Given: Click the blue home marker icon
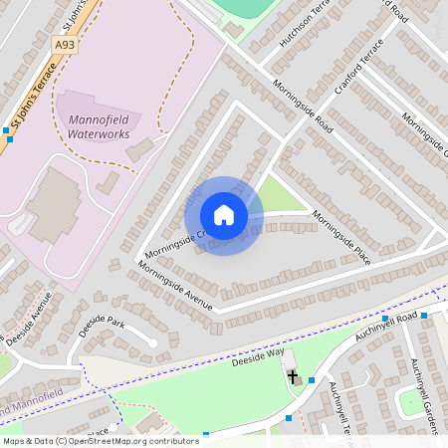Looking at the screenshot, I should [x=223, y=215].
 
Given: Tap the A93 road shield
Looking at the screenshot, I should [x=65, y=45].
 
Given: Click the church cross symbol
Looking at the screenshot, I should [x=294, y=377].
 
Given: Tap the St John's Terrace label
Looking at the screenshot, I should [x=30, y=100].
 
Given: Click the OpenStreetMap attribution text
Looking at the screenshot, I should [x=100, y=441].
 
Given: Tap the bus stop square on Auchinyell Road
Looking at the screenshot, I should [x=425, y=316].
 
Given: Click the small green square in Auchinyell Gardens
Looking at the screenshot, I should [x=409, y=402].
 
